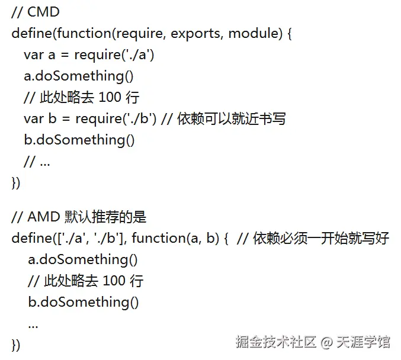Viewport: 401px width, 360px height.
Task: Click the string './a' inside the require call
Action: click(x=139, y=54)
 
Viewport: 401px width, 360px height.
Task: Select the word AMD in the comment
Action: click(x=44, y=217)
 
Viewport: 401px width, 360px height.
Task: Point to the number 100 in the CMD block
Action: click(x=108, y=97)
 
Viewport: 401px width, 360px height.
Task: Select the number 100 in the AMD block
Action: click(x=114, y=281)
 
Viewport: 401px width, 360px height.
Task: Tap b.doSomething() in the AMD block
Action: click(x=84, y=302)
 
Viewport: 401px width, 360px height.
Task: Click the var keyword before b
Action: click(x=33, y=118)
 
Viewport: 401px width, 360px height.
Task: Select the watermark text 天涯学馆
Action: click(x=364, y=342)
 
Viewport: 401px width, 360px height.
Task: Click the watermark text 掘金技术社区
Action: click(x=276, y=342)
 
